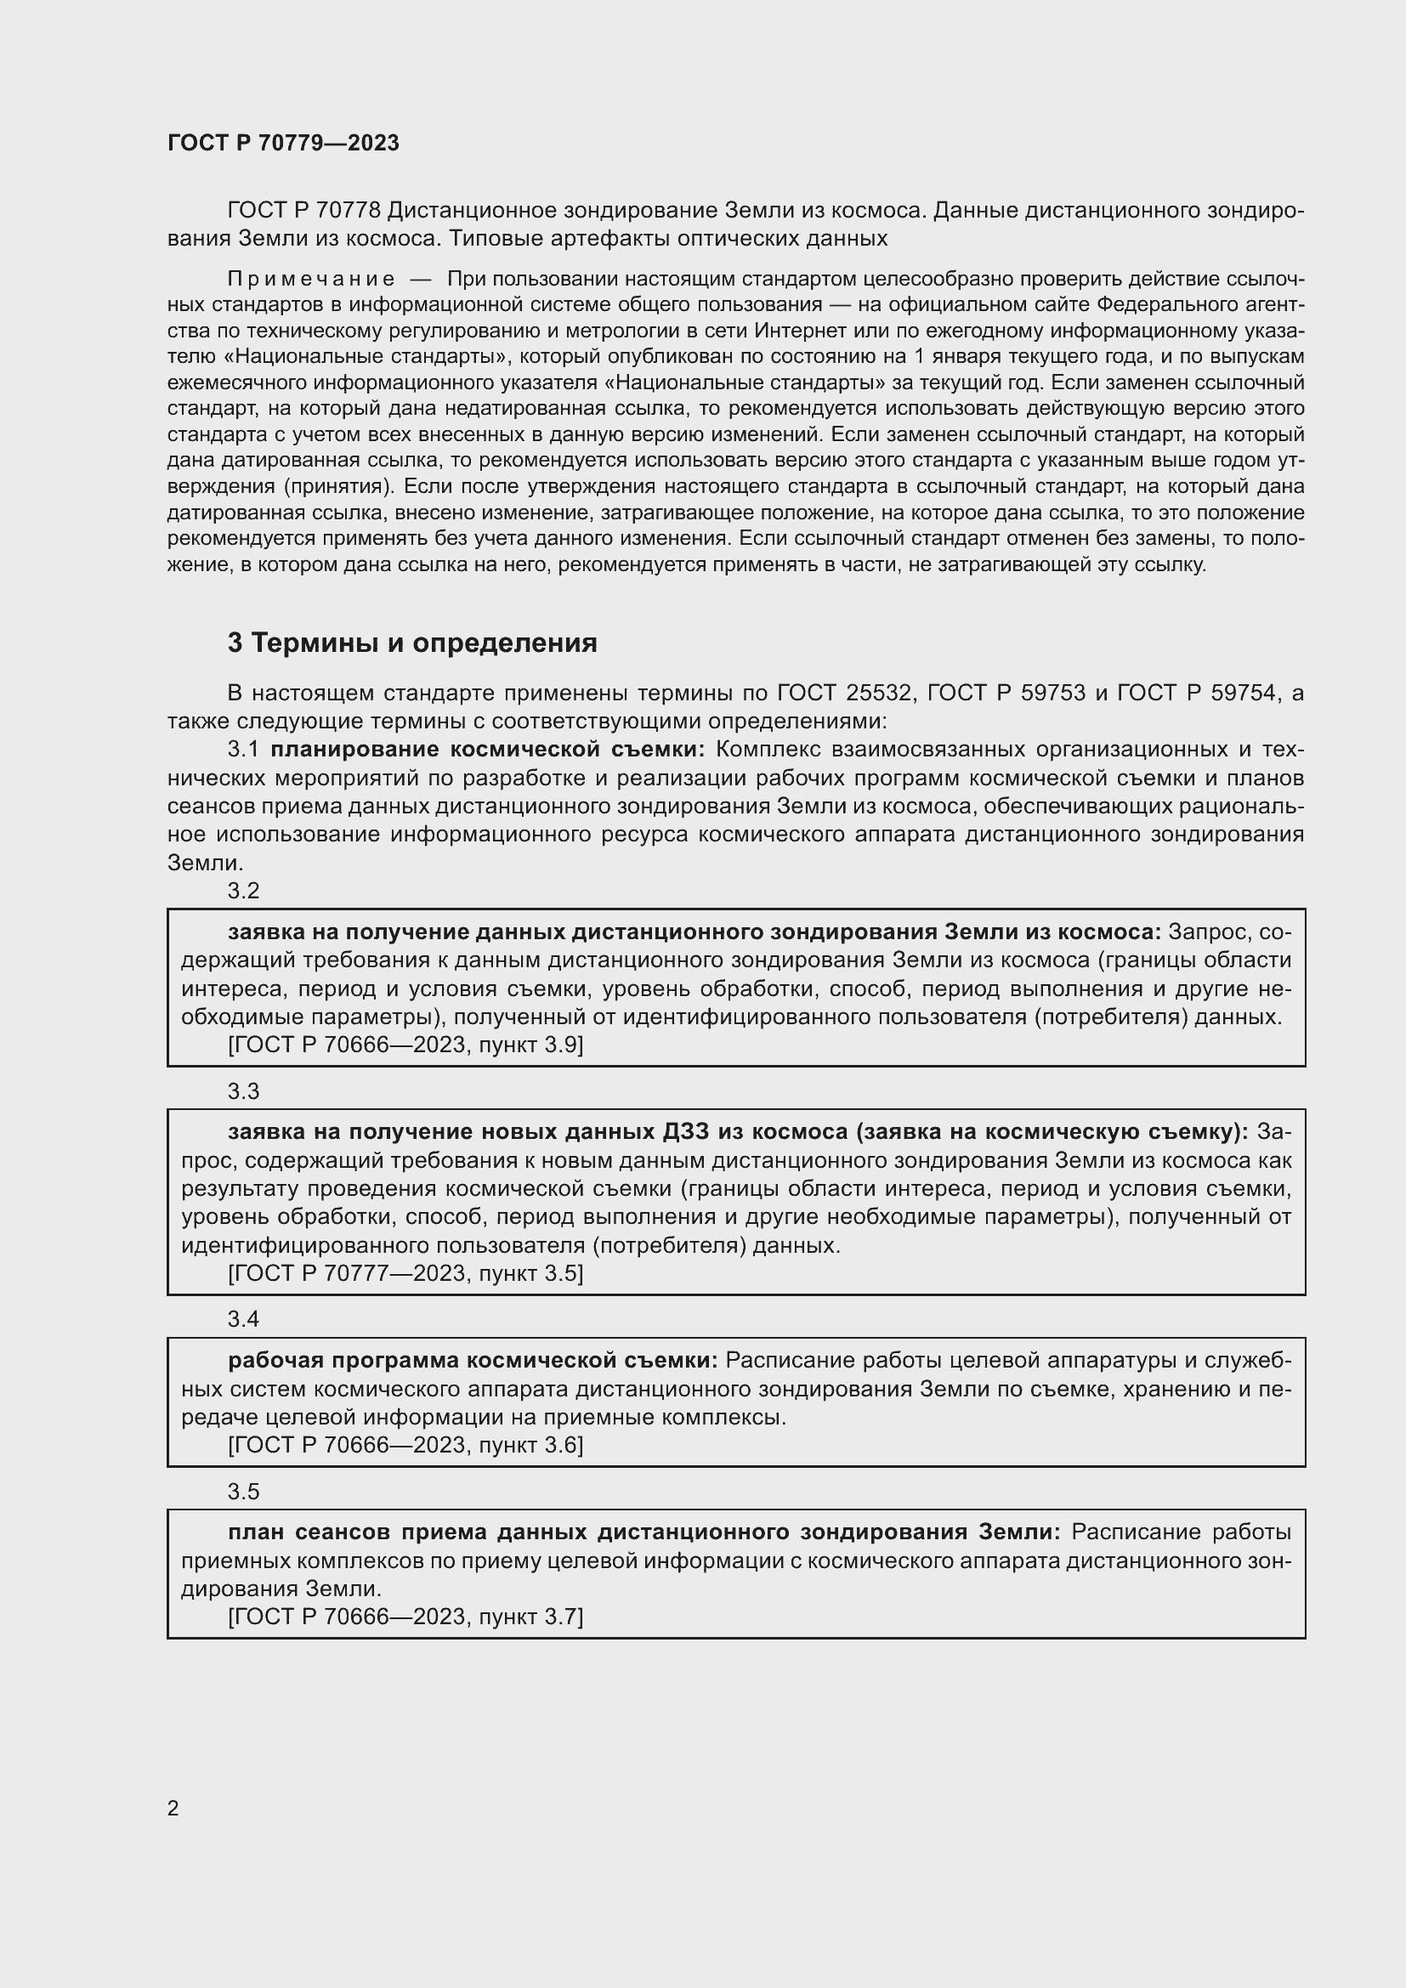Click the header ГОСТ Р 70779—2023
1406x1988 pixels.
(283, 143)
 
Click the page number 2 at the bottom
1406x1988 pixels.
(173, 1808)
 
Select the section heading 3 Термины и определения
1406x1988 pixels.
(412, 643)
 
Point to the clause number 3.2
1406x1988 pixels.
(243, 891)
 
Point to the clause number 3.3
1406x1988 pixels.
(243, 1091)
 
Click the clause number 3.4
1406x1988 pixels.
(243, 1319)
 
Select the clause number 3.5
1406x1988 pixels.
(243, 1491)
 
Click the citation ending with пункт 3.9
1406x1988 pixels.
(405, 1045)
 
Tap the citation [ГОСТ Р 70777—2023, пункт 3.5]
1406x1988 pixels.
(405, 1273)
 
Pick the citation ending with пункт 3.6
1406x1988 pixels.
(405, 1445)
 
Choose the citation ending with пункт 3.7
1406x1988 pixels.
(405, 1617)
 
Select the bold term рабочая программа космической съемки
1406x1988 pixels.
(473, 1360)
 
